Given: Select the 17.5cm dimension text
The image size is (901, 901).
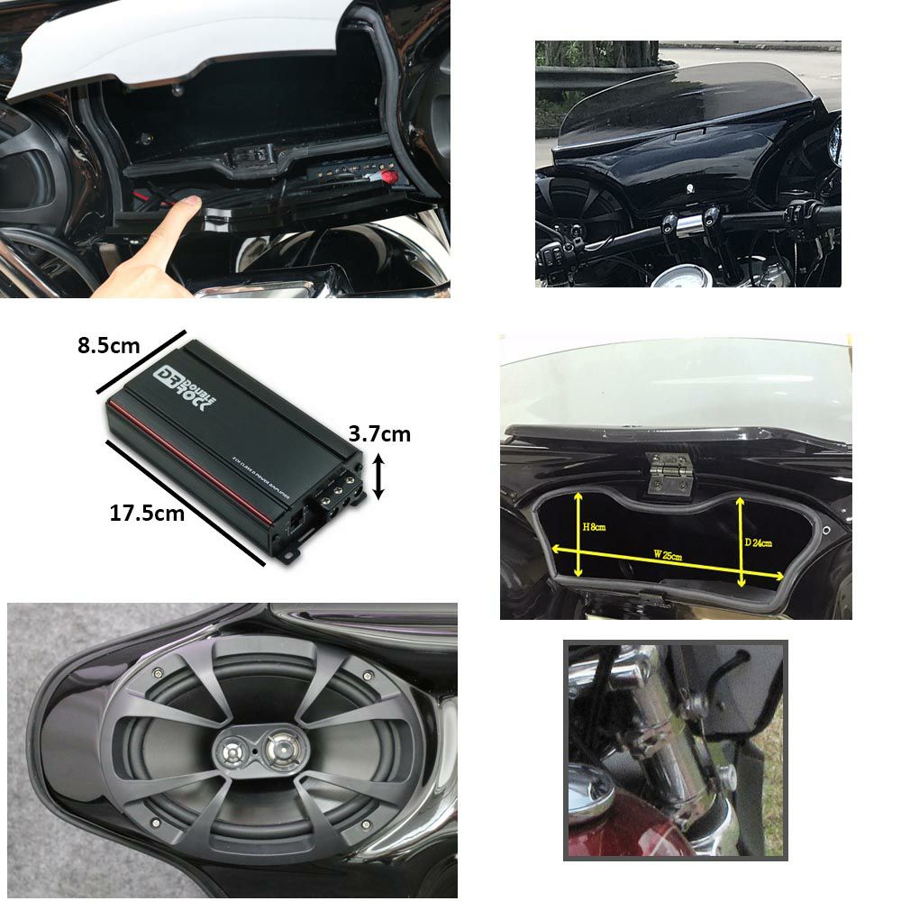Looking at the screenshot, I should [147, 514].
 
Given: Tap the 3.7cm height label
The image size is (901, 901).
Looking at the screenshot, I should [379, 434].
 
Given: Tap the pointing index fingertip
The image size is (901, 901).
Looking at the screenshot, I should [192, 208].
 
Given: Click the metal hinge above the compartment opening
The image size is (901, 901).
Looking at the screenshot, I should [669, 471].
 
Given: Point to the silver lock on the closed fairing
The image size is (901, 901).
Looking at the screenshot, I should [690, 188].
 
